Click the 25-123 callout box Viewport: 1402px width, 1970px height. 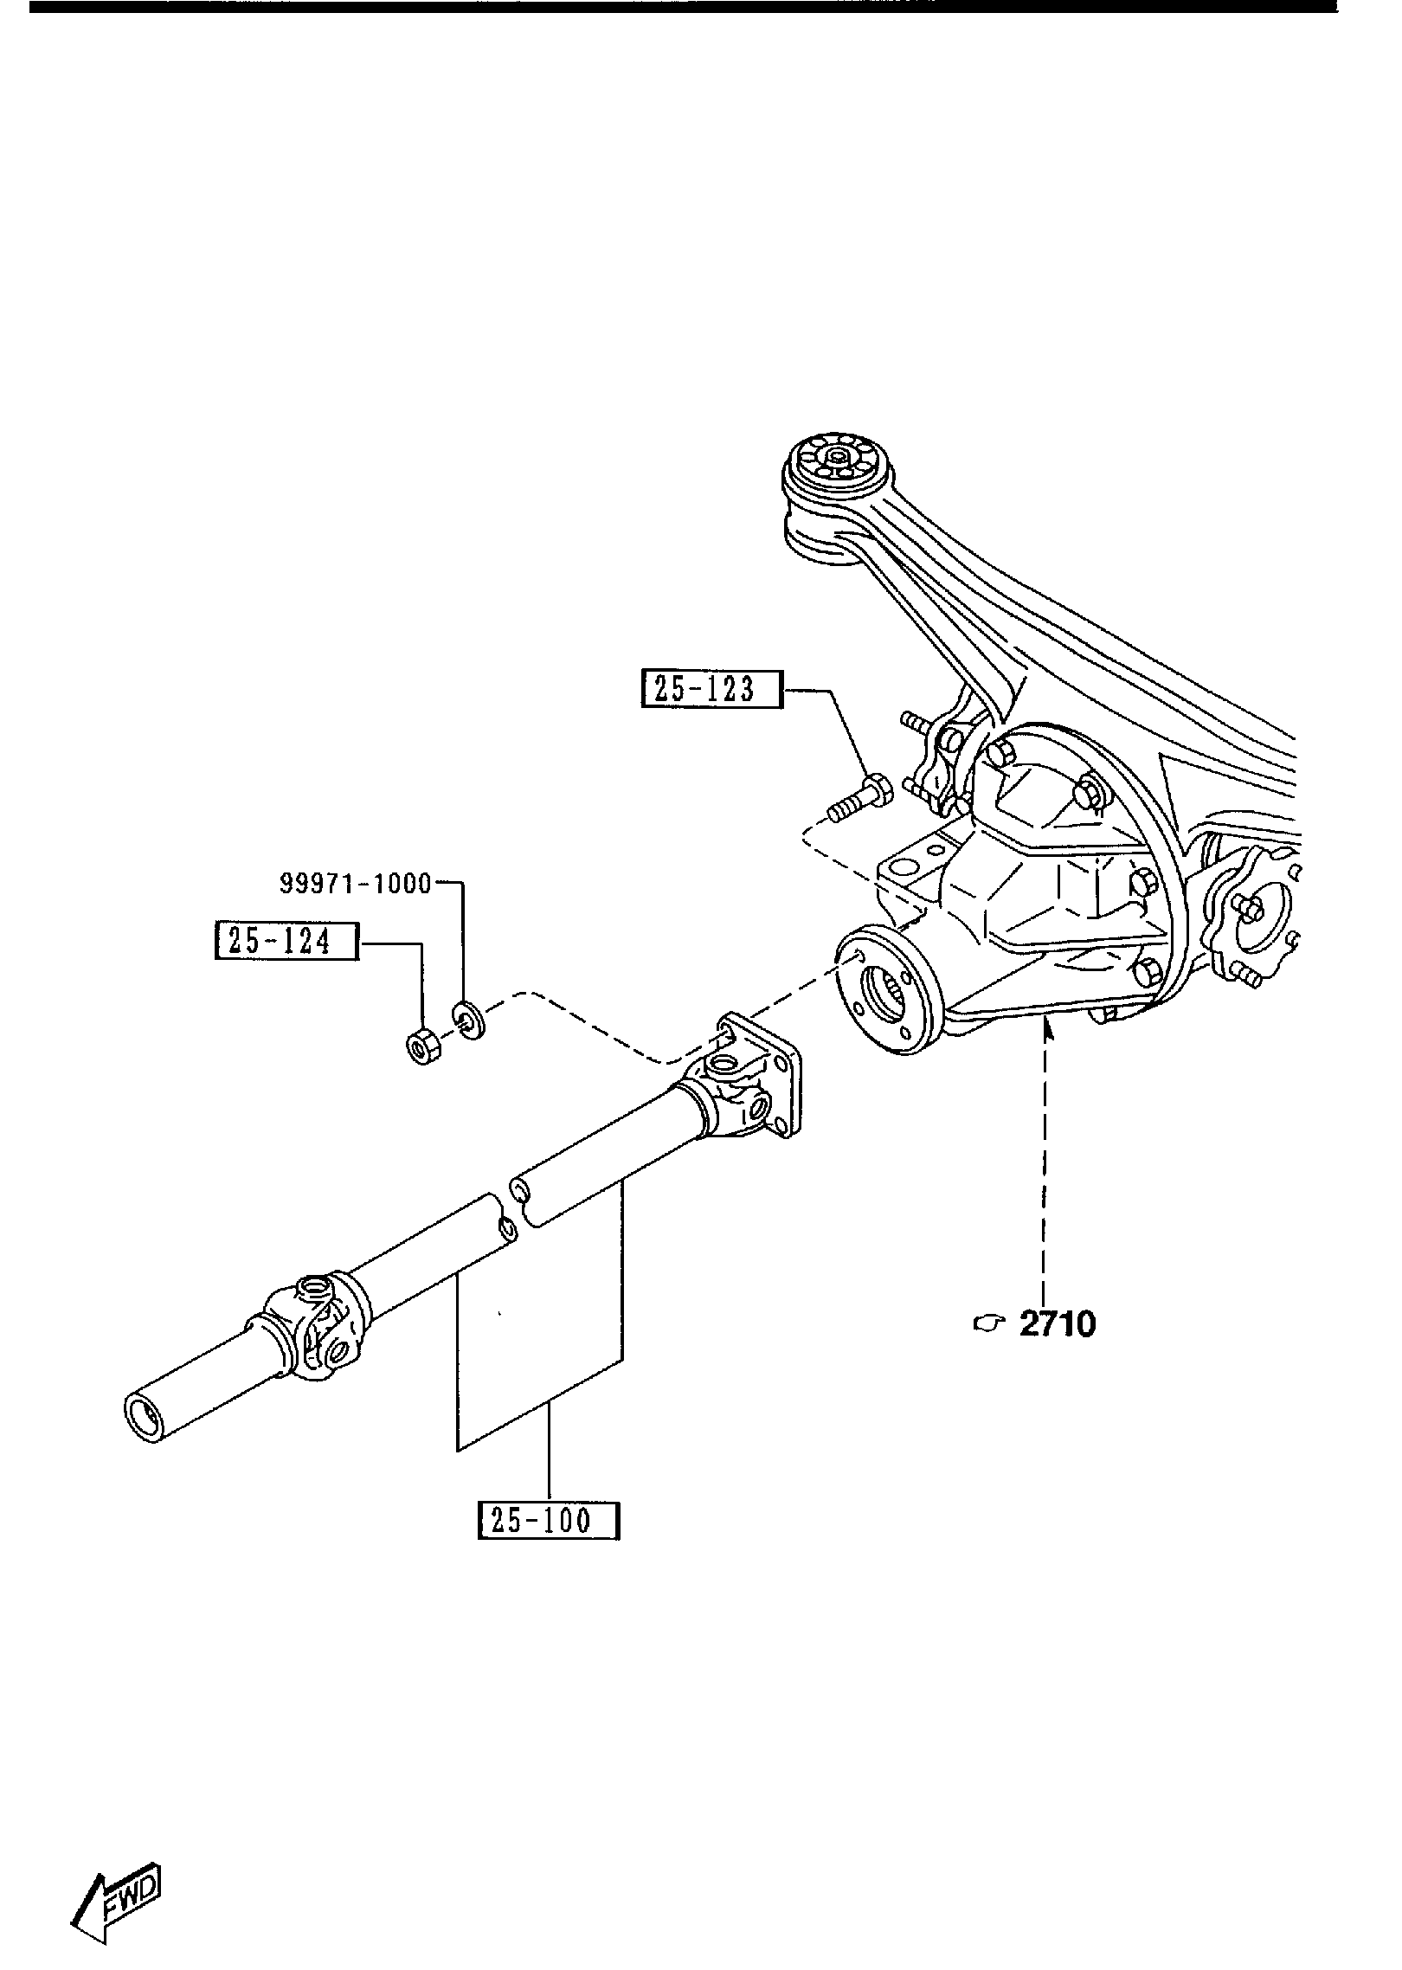pyautogui.click(x=711, y=689)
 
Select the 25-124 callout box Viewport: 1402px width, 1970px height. pyautogui.click(x=286, y=942)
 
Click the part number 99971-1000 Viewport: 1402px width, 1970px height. pyautogui.click(x=355, y=884)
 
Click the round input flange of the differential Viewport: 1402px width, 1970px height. pyautogui.click(x=886, y=991)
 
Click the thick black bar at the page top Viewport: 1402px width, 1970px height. pyautogui.click(x=684, y=7)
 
